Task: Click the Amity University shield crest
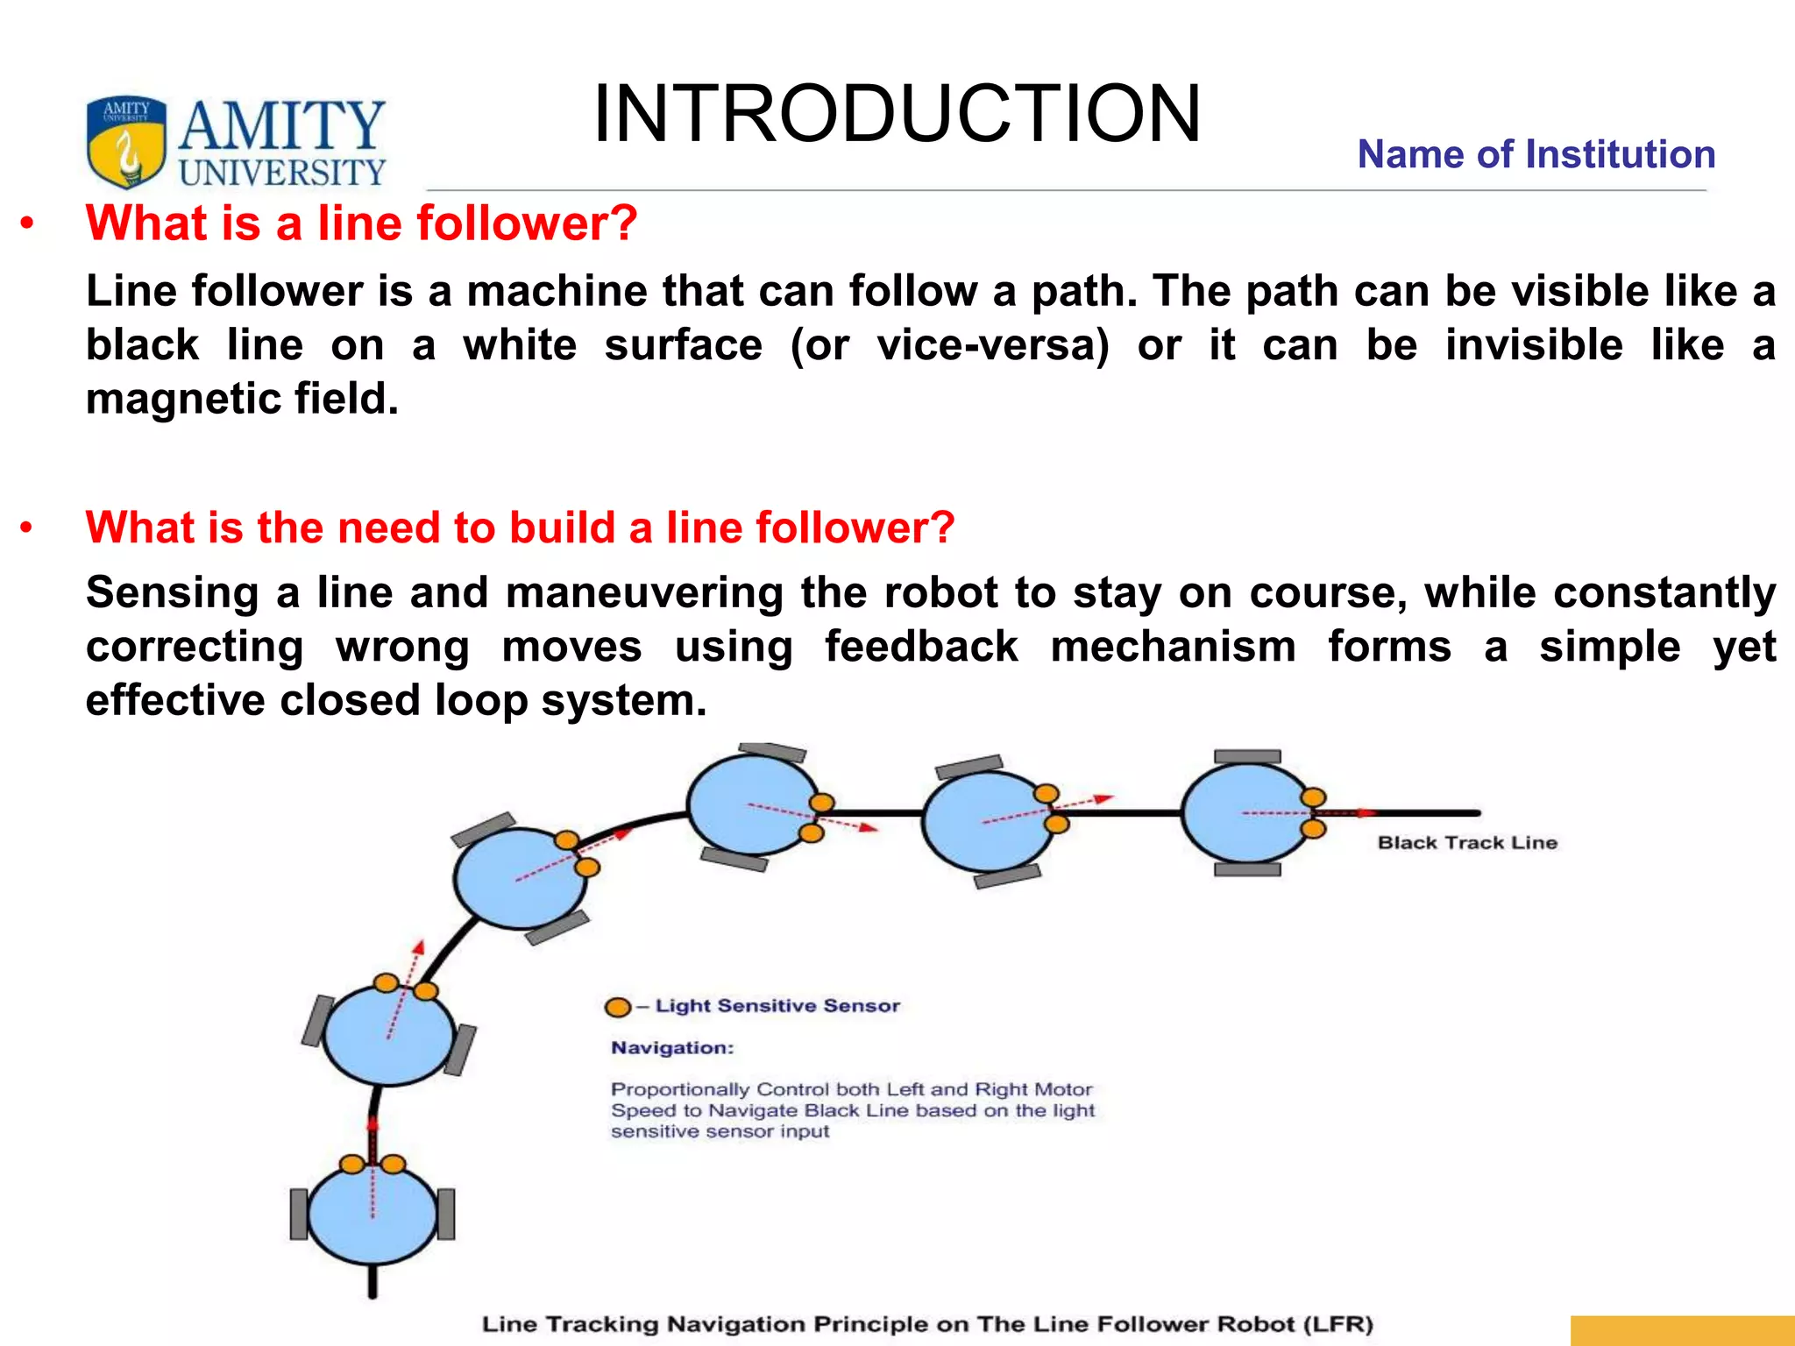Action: (126, 142)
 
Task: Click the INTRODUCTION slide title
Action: (896, 114)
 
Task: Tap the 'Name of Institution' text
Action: (1536, 155)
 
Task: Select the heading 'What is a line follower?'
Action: (361, 223)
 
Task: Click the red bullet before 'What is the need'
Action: (27, 528)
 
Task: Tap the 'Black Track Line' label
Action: (1466, 843)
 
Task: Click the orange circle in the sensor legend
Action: (618, 1007)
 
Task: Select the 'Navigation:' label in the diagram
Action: (672, 1048)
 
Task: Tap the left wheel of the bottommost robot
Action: (299, 1215)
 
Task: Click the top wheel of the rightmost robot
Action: (1247, 757)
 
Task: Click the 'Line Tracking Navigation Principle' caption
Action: (926, 1324)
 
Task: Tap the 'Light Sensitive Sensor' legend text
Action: (777, 1006)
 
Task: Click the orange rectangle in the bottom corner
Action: (1681, 1330)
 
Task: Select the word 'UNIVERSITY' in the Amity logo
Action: (282, 173)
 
